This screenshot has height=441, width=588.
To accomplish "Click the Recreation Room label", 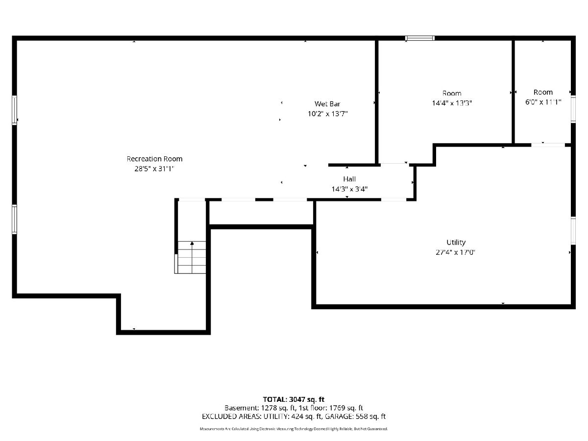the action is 154,159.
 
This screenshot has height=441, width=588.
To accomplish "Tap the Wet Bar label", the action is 327,103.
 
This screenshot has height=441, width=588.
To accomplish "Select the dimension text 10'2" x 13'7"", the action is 328,114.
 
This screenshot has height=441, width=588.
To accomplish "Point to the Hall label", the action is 349,179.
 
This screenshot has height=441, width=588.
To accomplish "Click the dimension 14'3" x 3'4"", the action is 349,189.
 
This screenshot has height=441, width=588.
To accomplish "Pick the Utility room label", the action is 456,243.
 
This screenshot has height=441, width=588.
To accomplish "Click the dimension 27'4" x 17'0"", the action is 455,252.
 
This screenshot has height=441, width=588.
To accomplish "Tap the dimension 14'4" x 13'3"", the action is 452,103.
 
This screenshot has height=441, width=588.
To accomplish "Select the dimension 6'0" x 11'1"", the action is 543,102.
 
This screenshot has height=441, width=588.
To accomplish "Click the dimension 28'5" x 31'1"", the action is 154,169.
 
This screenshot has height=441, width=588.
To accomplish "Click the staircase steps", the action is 192,257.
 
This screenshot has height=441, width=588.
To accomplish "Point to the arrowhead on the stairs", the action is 192,243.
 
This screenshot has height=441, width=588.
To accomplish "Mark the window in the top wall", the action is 420,38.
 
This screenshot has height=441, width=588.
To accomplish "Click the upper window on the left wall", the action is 15,110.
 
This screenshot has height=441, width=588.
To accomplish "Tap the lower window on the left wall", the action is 15,220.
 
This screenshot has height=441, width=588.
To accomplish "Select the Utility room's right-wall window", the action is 573,231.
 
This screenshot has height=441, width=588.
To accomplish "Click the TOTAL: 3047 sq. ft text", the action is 294,399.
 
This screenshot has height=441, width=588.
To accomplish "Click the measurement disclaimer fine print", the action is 294,429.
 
